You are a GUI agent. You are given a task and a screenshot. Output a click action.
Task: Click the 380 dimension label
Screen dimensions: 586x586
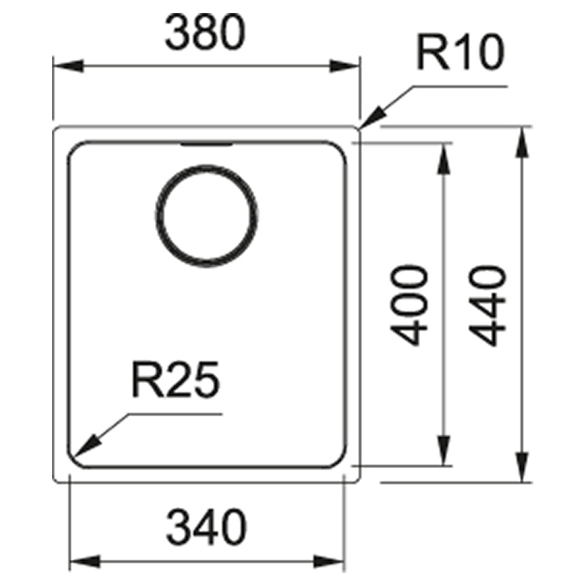point(205,32)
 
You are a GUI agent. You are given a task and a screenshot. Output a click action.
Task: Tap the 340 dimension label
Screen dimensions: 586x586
point(206,527)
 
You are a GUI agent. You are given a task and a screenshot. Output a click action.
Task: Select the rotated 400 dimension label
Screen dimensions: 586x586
point(408,306)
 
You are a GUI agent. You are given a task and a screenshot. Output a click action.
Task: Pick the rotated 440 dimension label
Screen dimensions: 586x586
point(487,306)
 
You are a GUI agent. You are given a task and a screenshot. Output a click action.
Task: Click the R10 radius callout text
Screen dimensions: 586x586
point(460,52)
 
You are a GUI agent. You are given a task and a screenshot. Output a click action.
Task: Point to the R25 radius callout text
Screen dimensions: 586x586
point(175,380)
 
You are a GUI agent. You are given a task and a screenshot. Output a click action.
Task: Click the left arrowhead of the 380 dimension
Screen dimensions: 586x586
point(68,66)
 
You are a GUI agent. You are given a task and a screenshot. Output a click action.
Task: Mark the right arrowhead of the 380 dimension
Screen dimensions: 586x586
point(344,66)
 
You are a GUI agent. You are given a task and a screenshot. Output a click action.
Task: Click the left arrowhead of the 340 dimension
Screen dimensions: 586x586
point(85,561)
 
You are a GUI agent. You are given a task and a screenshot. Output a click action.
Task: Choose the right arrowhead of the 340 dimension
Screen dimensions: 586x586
point(329,561)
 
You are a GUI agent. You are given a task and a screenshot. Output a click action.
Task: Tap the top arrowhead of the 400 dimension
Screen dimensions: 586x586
point(443,158)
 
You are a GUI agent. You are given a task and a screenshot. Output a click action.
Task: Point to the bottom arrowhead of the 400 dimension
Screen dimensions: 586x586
point(443,451)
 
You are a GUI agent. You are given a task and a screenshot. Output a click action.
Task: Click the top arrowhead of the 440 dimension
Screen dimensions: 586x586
point(522,142)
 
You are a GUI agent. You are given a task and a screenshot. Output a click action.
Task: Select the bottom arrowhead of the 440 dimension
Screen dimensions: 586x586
point(522,467)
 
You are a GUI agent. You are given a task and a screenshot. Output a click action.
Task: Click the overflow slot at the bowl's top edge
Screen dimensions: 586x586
point(206,145)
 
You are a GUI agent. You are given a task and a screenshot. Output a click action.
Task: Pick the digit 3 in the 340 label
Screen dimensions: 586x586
point(178,527)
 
